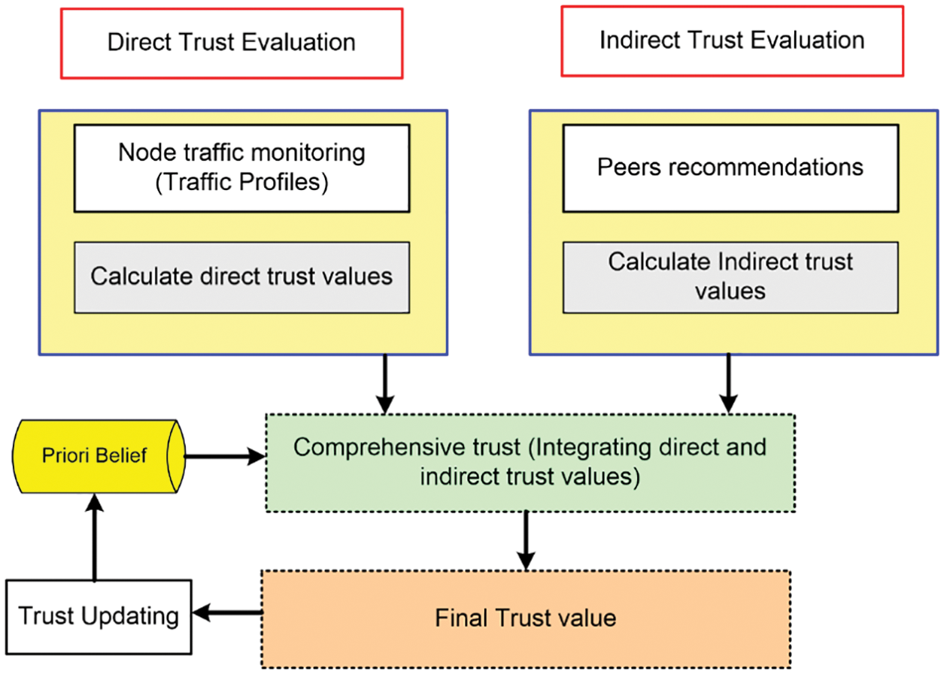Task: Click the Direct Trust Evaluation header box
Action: (x=232, y=43)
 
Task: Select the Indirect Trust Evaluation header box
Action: (x=732, y=41)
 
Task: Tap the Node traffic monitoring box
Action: (x=241, y=168)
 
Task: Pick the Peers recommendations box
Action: (x=730, y=168)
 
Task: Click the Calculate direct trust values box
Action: (x=241, y=277)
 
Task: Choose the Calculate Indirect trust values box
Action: (x=730, y=277)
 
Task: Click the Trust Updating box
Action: (x=99, y=615)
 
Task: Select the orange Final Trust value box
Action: (x=525, y=618)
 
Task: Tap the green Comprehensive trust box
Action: (x=530, y=462)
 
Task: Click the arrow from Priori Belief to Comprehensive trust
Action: (x=224, y=456)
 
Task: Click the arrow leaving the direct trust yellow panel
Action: (x=385, y=383)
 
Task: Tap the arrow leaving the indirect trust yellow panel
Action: (x=728, y=383)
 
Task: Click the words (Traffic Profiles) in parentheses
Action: (x=241, y=183)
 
